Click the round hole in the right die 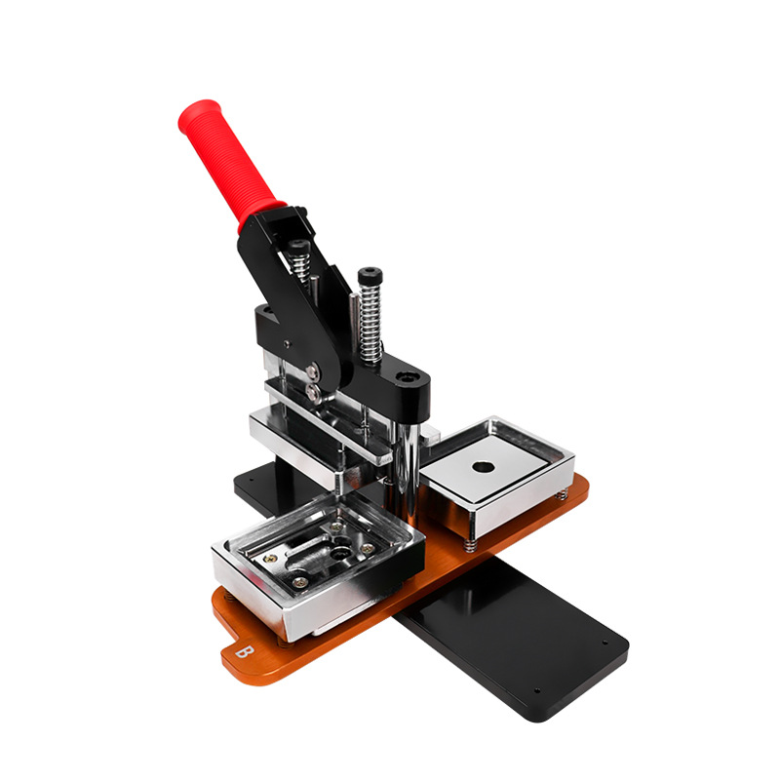[x=481, y=466]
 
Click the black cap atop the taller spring [x=369, y=275]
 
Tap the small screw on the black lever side [x=287, y=342]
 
